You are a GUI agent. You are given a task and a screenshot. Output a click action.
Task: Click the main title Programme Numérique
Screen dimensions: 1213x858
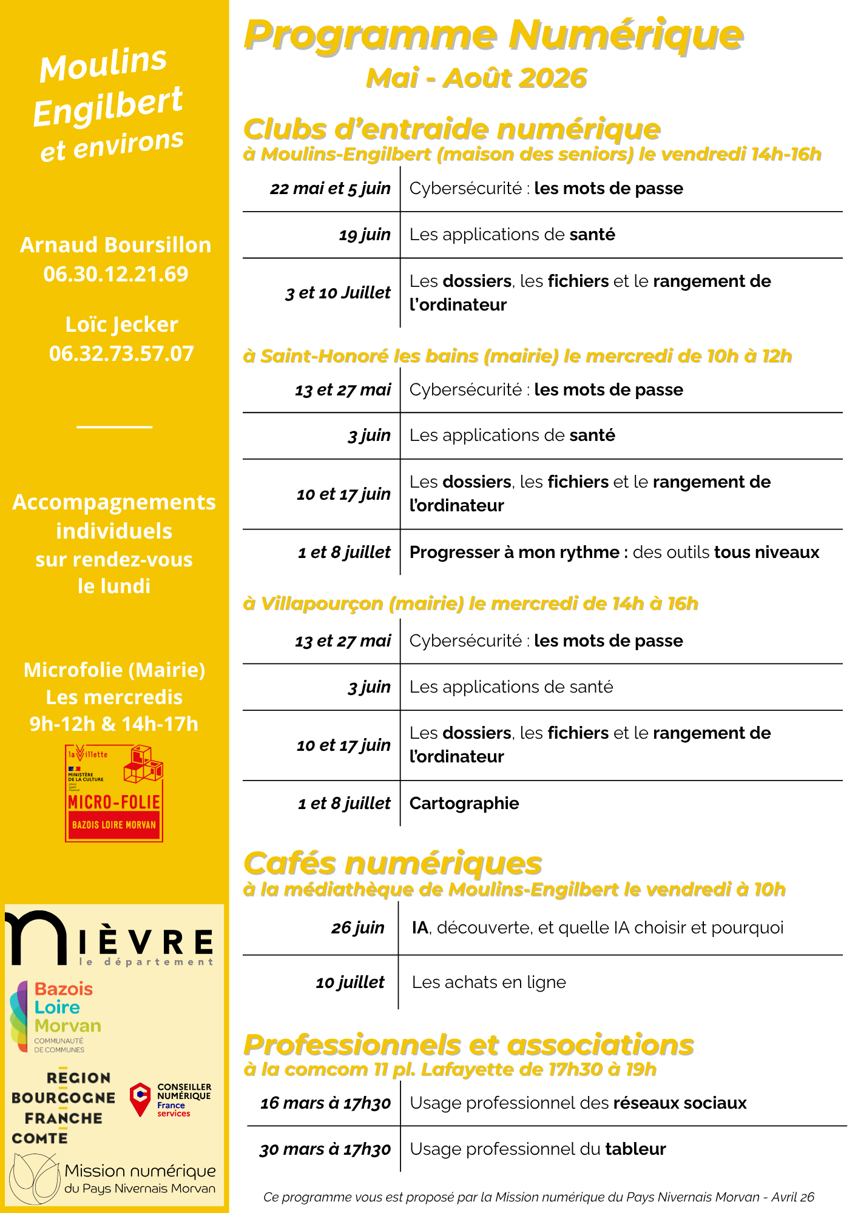[x=493, y=35]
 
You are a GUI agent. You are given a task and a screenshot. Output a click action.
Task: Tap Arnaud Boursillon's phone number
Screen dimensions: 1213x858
[x=116, y=274]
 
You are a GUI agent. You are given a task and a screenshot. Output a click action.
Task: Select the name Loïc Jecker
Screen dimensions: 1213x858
[x=121, y=324]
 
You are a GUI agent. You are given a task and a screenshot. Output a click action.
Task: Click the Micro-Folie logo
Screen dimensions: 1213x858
[x=114, y=793]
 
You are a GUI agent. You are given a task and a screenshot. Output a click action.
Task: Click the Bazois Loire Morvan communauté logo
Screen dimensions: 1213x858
[x=56, y=1016]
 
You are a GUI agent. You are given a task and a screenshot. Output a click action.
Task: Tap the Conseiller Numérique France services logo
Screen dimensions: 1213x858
[x=171, y=1100]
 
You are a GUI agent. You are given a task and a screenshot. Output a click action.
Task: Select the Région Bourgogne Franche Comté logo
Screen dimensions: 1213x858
[x=63, y=1107]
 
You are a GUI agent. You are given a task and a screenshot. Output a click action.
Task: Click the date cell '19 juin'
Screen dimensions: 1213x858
[x=365, y=235]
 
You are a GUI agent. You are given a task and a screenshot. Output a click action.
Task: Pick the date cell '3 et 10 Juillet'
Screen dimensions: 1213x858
[x=338, y=293]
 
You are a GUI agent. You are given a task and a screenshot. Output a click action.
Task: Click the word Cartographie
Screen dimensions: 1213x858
[x=464, y=804]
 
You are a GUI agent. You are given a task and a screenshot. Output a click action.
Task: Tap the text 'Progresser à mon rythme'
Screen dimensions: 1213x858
[x=515, y=553]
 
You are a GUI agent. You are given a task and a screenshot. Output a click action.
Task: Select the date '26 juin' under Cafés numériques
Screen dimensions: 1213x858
[x=357, y=928]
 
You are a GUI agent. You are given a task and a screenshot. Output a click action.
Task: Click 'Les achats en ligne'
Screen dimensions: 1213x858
[x=488, y=983]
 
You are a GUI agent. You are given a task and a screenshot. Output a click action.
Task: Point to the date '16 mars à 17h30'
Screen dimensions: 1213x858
[x=325, y=1103]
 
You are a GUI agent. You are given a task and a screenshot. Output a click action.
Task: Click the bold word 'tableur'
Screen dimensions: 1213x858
[x=635, y=1149]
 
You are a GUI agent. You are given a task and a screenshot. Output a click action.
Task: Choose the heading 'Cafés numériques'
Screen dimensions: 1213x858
[x=393, y=863]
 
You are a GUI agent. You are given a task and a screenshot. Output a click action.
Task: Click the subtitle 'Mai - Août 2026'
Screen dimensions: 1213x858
[x=476, y=78]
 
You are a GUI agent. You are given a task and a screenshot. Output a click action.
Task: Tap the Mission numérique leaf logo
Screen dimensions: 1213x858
[x=34, y=1178]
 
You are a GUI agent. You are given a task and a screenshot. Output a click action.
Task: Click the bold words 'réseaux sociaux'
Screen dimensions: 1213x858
[x=680, y=1103]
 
